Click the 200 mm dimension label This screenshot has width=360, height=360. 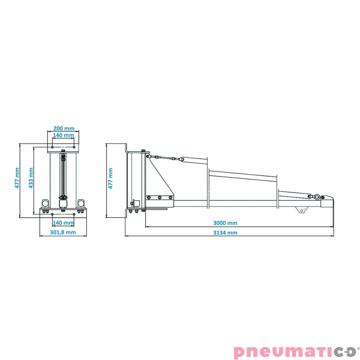coord(64,128)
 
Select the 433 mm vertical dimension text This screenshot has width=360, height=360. coord(31,178)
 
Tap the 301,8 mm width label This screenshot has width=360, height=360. coord(63,232)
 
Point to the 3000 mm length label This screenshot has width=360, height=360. coord(225,223)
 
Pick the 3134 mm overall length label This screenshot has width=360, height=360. coord(225,233)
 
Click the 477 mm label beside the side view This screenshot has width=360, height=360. coord(110,178)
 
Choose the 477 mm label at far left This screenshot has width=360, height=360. coord(17,178)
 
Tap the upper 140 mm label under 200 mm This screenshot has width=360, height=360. coord(63,135)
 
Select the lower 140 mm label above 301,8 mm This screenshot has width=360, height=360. coord(63,223)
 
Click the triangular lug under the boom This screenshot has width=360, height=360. coord(301,210)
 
